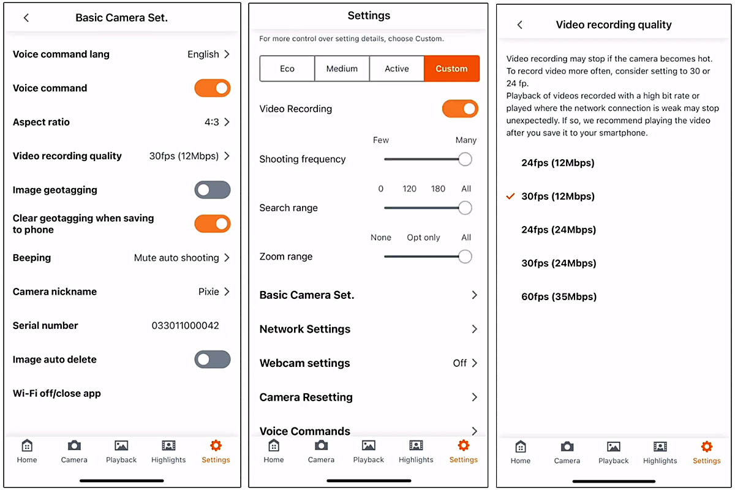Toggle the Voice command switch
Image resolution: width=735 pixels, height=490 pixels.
click(x=213, y=88)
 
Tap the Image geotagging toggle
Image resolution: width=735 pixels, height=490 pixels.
click(x=213, y=190)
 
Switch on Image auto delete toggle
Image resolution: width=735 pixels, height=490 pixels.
click(x=213, y=360)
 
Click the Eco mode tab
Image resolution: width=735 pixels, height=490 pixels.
click(x=287, y=69)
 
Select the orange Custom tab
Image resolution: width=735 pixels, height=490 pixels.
click(x=451, y=69)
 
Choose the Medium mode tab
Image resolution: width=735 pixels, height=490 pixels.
click(x=342, y=69)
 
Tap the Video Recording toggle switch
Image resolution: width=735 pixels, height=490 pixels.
click(x=460, y=108)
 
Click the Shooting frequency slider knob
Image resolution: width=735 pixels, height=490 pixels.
click(x=465, y=159)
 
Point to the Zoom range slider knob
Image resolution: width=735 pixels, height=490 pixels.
click(x=465, y=257)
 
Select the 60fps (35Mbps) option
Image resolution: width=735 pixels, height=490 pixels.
click(x=559, y=296)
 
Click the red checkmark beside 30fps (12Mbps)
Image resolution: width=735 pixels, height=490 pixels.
click(x=510, y=196)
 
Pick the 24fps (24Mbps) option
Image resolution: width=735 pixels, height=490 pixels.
click(x=559, y=230)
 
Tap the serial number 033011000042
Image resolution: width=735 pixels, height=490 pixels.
click(x=185, y=326)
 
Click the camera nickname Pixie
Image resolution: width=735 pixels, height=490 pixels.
click(x=208, y=292)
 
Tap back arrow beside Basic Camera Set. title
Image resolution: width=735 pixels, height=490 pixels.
click(x=26, y=18)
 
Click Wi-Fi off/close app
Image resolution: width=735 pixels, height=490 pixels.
click(x=57, y=393)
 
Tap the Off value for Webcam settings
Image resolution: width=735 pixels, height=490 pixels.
click(x=460, y=363)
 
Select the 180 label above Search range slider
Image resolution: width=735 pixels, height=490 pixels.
click(x=438, y=189)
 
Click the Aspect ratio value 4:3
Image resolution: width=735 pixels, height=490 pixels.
click(x=212, y=122)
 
